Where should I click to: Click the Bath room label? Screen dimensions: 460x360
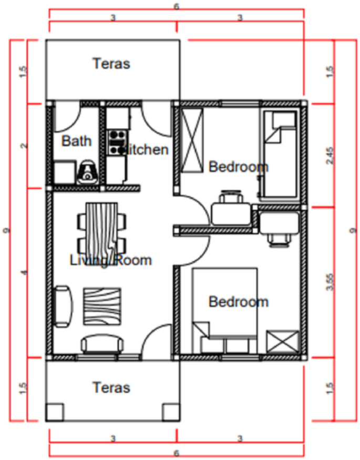[77, 141]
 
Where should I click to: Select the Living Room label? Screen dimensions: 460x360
[111, 260]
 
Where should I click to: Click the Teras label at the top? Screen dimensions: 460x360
[111, 64]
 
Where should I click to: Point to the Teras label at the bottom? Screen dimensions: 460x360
[111, 388]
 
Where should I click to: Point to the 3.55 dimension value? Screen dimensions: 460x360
[329, 281]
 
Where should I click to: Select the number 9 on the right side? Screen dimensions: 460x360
[353, 230]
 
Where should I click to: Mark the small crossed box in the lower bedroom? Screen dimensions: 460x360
[282, 342]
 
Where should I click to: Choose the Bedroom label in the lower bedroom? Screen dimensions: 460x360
[238, 302]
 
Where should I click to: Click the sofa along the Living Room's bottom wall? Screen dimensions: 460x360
[104, 344]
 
